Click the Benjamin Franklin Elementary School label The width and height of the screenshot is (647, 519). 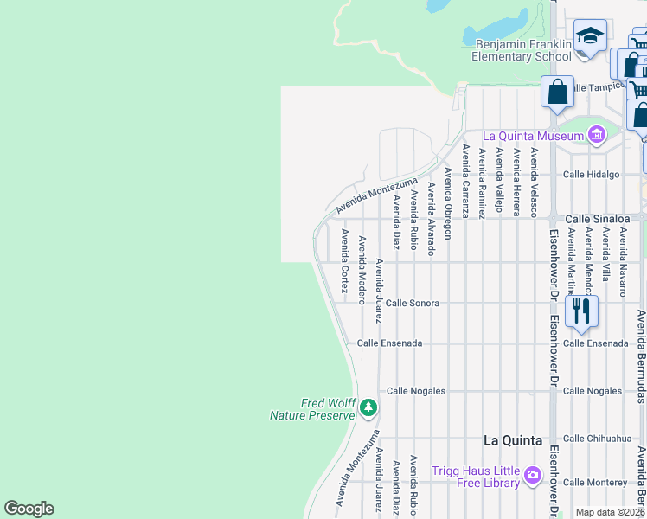522,50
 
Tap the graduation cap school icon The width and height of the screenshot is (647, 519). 590,37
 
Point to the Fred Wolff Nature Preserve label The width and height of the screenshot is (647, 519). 313,409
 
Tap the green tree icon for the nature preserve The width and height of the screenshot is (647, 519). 368,407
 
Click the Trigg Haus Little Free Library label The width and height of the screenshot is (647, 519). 477,477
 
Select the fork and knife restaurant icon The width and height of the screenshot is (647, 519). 581,309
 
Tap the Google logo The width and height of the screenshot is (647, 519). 29,509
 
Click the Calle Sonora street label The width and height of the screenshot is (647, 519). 413,304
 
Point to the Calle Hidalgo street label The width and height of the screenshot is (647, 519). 592,174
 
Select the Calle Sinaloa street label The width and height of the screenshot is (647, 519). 594,220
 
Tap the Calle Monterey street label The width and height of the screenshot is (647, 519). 595,482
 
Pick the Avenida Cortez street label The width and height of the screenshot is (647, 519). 344,261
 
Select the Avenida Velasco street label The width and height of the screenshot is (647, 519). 535,183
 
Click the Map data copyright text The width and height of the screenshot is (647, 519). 610,512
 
